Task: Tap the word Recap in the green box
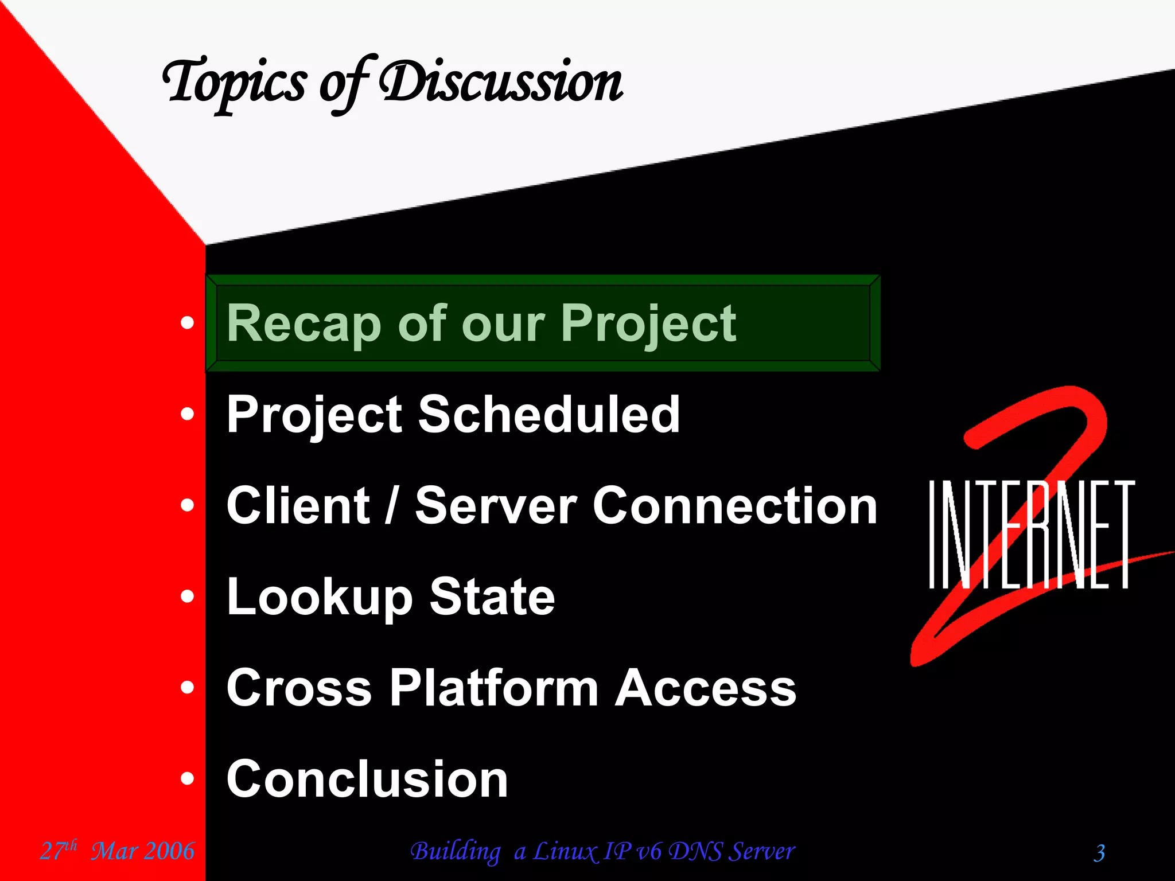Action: tap(304, 323)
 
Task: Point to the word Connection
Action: tap(734, 505)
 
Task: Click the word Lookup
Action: tap(319, 598)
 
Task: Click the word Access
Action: tap(706, 688)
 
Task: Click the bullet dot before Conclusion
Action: tap(187, 779)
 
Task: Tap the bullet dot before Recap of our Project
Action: tap(187, 323)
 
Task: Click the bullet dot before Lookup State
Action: tap(187, 597)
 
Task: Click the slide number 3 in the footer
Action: tap(1099, 853)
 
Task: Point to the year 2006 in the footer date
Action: tap(169, 851)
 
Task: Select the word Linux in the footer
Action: tap(566, 851)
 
